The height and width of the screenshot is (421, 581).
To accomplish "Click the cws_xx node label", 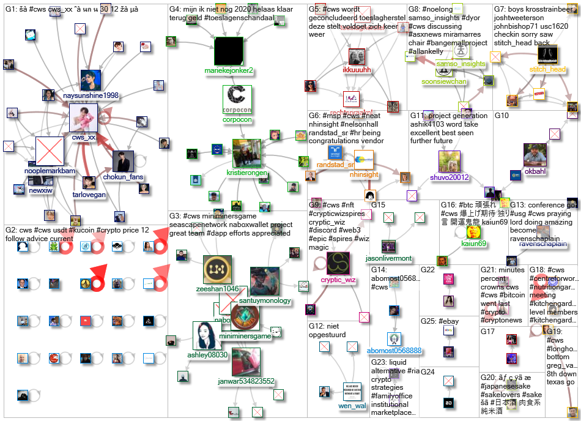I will (x=84, y=138).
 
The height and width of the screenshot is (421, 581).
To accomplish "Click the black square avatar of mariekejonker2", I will (x=229, y=51).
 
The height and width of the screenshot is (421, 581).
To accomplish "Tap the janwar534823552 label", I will (x=246, y=381).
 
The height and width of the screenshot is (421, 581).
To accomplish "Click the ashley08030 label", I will (x=207, y=354).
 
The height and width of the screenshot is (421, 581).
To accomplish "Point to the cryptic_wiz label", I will (x=338, y=280).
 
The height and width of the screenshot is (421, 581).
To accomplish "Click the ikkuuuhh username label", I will (x=357, y=70).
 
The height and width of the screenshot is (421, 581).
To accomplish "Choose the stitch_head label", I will (x=547, y=70).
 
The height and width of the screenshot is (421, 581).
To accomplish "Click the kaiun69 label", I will (x=474, y=244).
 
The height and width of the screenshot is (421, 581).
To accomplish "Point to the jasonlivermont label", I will (x=388, y=258).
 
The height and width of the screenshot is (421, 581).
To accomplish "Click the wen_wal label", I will (x=351, y=406).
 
